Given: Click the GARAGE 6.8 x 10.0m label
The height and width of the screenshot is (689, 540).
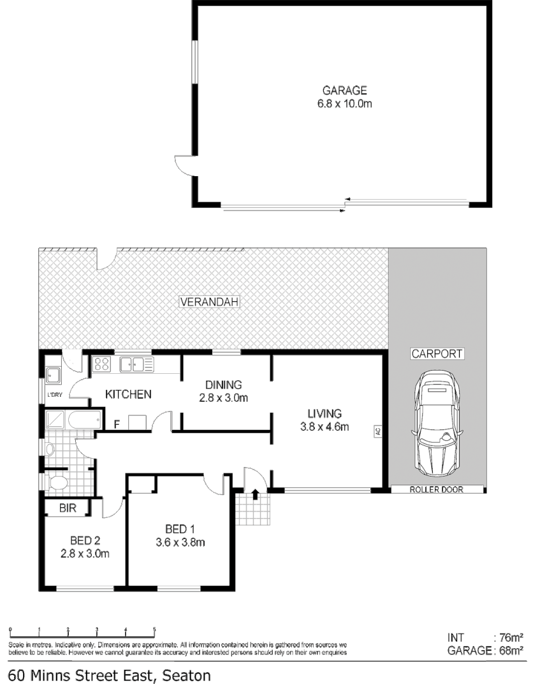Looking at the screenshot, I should tap(344, 97).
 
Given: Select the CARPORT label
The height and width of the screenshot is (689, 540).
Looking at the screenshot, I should tap(437, 354).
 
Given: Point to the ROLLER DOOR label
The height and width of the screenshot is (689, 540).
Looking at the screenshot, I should tap(437, 489).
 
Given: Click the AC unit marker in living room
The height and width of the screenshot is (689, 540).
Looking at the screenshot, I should tap(377, 432).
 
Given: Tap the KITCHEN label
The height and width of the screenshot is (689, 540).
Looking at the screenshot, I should tap(128, 394).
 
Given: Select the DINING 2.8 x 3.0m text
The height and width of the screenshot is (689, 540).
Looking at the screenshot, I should tap(223, 390).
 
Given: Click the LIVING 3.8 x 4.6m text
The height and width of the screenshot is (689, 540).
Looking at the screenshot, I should tap(325, 420).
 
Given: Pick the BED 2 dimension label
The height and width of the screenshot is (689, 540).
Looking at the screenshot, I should tap(85, 547).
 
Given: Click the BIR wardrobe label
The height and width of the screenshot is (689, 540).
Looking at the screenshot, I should tap(68, 508).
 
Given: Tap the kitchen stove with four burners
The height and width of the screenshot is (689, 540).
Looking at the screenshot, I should tap(102, 364).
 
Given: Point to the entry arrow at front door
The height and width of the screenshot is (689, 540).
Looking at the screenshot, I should tap(255, 494).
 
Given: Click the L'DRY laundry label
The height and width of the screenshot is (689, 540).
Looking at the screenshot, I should tap(54, 394).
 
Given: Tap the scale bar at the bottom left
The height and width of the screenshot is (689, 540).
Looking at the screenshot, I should tap(82, 632).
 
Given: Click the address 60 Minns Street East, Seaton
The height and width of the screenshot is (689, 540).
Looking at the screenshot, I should tap(108, 676).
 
